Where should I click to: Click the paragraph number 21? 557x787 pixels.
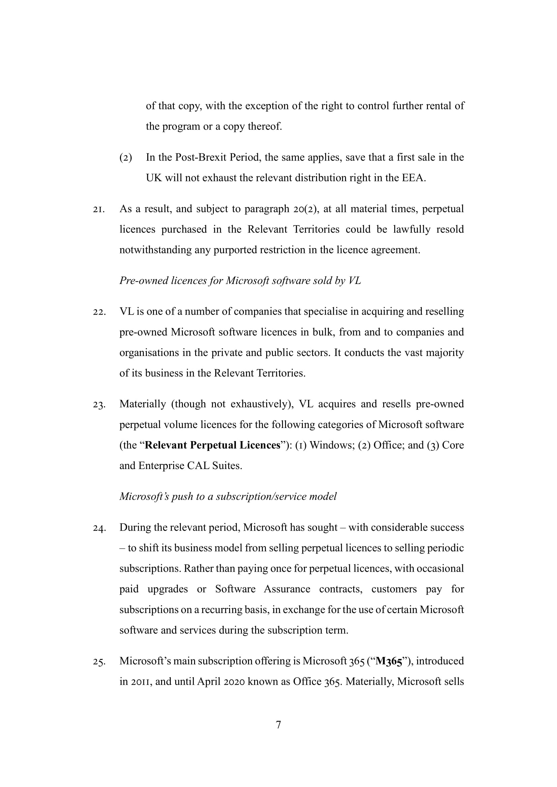click(98, 209)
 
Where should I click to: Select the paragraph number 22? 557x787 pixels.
click(99, 312)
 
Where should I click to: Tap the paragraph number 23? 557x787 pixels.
click(99, 404)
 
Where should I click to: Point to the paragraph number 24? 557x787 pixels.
click(99, 528)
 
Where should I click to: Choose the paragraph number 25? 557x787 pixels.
click(99, 661)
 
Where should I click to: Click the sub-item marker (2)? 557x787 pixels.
click(126, 158)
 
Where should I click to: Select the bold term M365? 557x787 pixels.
click(389, 661)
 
